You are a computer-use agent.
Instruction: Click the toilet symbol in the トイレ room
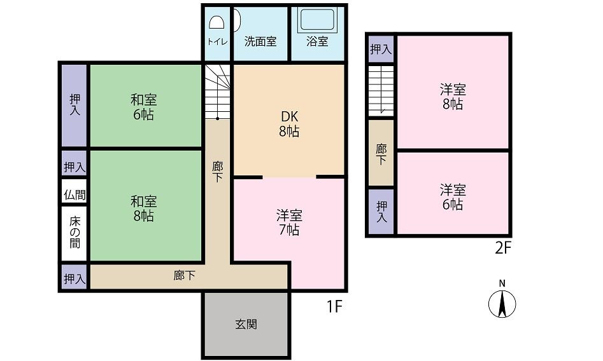point(216,23)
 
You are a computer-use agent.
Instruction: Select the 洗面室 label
point(260,41)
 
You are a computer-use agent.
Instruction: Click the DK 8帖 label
point(289,124)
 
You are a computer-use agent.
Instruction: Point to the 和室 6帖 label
point(144,107)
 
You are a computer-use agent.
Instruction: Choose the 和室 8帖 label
point(144,208)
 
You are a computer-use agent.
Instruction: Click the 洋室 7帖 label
point(289,222)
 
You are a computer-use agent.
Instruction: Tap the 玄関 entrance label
point(246,325)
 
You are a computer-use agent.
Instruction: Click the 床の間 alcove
point(74,233)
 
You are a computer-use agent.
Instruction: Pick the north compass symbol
point(502,301)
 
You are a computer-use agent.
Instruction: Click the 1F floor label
point(334,306)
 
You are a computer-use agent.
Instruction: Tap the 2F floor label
point(502,249)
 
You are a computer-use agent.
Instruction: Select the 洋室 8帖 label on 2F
point(453,97)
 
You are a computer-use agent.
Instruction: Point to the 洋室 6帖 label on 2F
point(453,197)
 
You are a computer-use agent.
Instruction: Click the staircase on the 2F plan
point(381,91)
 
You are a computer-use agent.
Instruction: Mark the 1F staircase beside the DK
point(217,92)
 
